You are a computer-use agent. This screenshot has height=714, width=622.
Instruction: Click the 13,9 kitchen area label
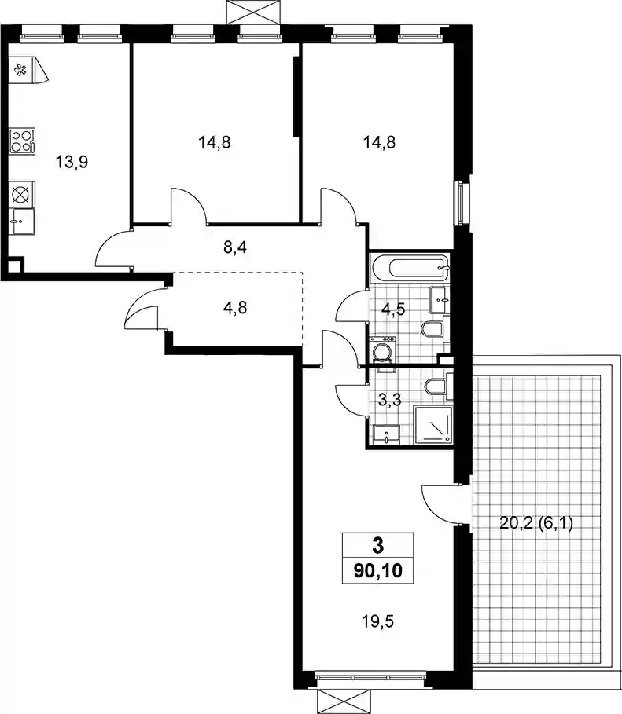[72, 162]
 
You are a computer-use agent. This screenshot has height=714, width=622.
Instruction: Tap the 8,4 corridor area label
[235, 247]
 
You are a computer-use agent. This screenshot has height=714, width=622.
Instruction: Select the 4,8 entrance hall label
[235, 308]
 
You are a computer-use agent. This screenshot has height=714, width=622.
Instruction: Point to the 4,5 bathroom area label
[393, 309]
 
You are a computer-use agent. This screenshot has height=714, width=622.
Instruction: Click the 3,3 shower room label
[390, 400]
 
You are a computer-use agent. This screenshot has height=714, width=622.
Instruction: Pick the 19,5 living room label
[377, 621]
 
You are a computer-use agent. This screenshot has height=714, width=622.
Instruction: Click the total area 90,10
[378, 570]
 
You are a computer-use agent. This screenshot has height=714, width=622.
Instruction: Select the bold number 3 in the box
[378, 546]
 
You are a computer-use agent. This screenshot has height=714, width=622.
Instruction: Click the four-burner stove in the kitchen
[22, 141]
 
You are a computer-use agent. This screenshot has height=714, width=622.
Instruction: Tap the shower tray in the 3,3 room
[433, 425]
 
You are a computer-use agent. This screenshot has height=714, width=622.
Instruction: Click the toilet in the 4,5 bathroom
[435, 328]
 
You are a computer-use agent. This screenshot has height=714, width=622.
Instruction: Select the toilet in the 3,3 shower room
[438, 386]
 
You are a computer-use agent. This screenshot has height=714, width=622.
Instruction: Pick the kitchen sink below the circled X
[21, 222]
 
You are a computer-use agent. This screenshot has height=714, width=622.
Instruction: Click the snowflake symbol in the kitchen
[20, 70]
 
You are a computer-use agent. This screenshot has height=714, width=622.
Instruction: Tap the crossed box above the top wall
[253, 12]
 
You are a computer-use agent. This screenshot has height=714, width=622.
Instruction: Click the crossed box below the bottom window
[344, 701]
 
